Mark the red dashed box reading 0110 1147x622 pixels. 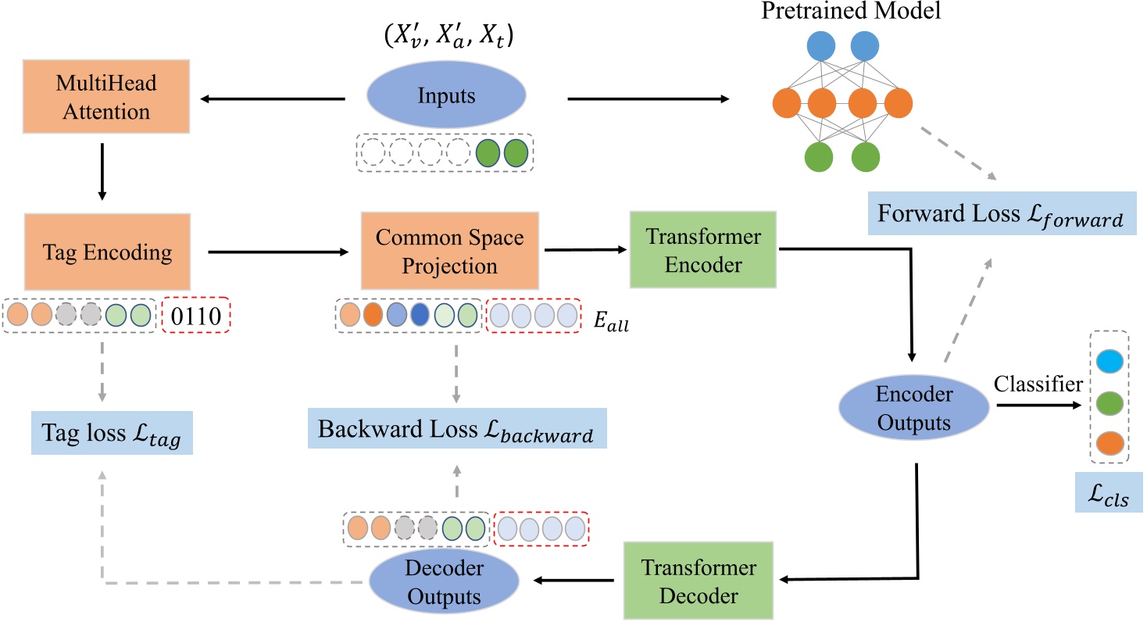(x=195, y=316)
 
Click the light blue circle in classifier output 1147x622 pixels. (x=1109, y=362)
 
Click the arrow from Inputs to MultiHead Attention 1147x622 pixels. (x=273, y=99)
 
